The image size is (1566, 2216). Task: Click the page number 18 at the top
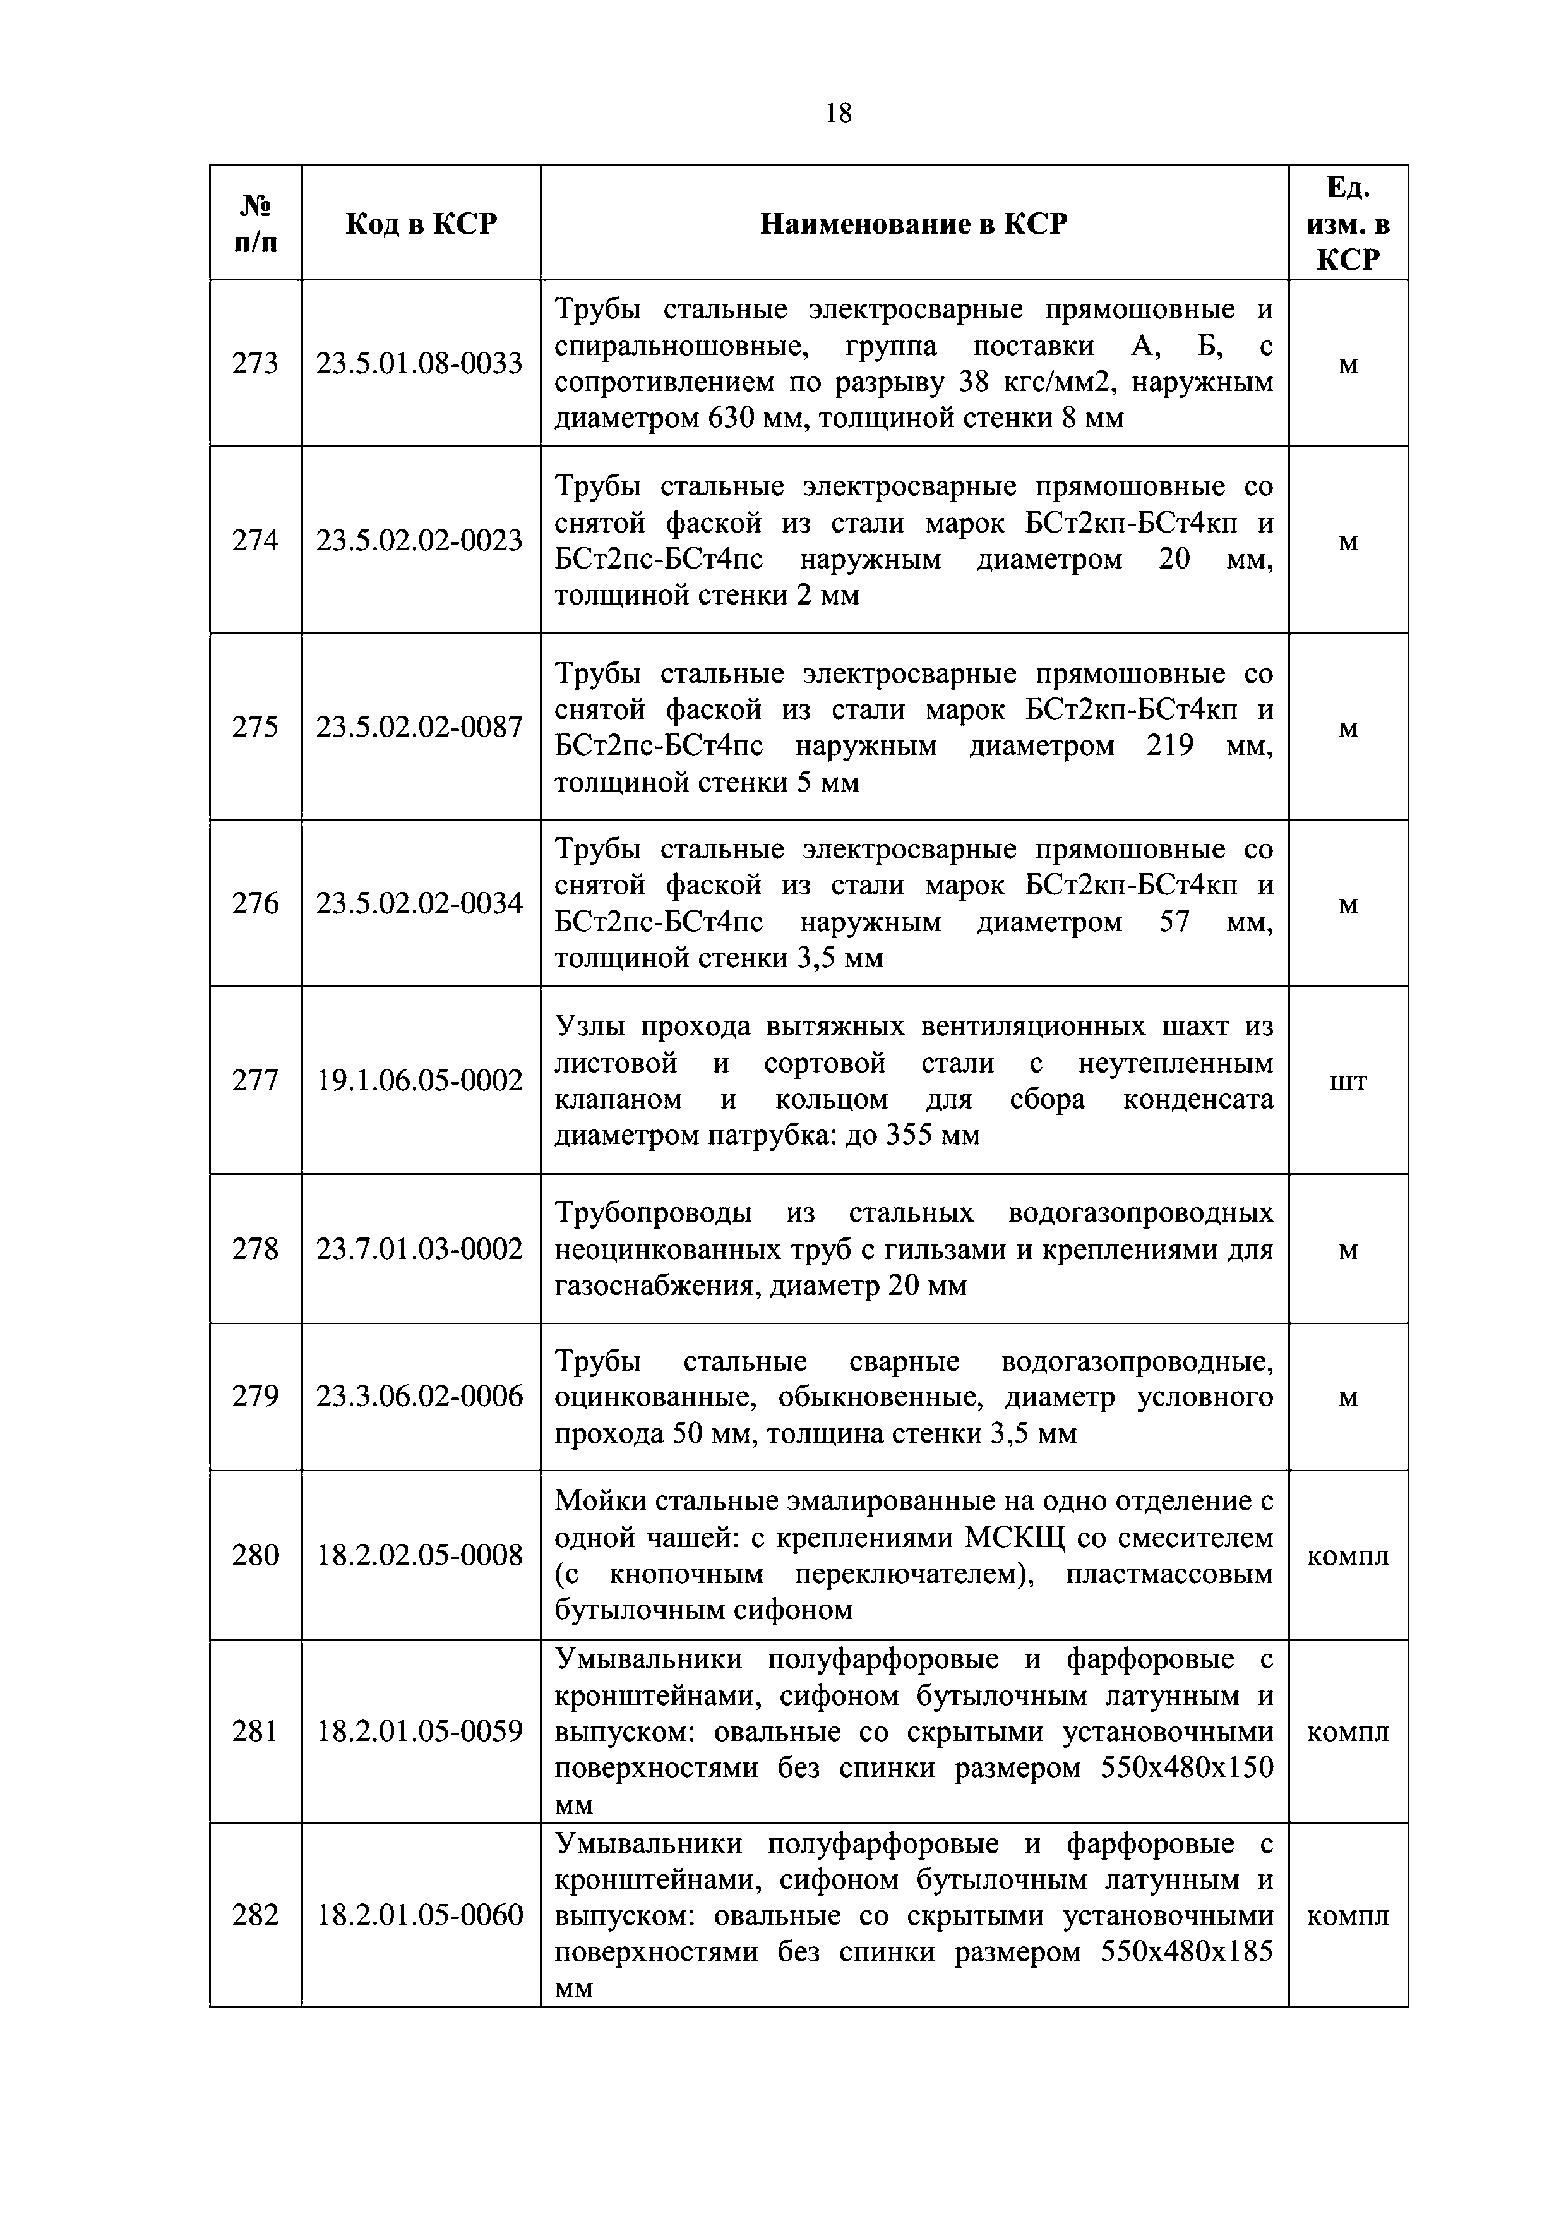tap(839, 114)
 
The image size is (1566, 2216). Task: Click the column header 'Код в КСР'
tap(421, 224)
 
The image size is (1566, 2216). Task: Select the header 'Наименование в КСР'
tap(914, 224)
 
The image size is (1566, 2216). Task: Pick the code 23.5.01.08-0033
tap(420, 364)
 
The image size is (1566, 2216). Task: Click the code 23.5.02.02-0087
tap(420, 726)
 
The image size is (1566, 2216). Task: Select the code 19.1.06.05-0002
tap(420, 1080)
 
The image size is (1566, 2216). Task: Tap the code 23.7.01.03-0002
tap(420, 1249)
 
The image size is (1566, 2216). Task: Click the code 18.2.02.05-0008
tap(420, 1554)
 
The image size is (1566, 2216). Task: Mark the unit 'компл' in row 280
tap(1348, 1556)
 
